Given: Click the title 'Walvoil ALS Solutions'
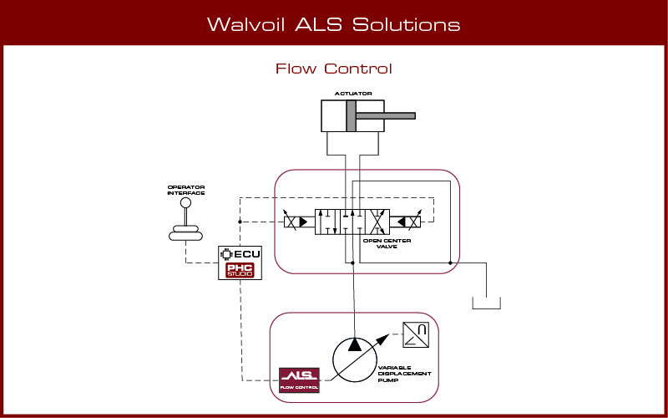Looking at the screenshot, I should tap(333, 24).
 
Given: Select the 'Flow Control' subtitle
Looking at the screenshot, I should tap(333, 69).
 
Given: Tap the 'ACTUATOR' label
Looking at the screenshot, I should tap(352, 94).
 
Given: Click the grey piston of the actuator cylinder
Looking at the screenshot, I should tap(352, 115).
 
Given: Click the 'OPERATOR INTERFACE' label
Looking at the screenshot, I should tap(186, 190).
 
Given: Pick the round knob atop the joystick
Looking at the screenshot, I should tap(186, 202).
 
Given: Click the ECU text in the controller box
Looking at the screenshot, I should tap(246, 253).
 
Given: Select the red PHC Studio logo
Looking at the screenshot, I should tap(240, 270).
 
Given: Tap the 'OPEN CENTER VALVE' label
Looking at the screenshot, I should tap(386, 244).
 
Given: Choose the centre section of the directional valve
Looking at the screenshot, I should tap(352, 222).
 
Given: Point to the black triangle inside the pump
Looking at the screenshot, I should tap(356, 344).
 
